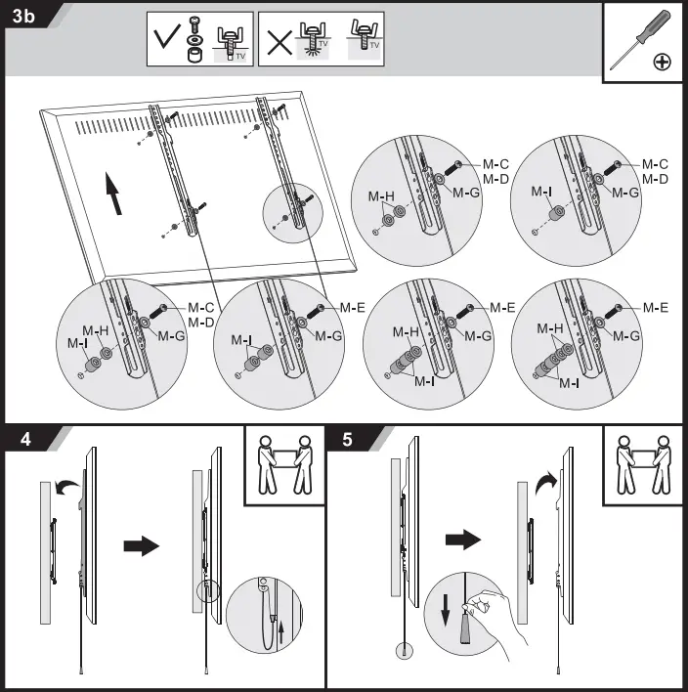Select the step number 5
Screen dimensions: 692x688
[x=348, y=440]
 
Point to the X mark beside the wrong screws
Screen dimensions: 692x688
[x=280, y=39]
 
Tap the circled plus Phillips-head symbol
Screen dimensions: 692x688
[x=663, y=62]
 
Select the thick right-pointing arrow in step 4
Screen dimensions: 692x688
[x=142, y=546]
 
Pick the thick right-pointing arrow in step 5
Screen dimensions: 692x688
[x=464, y=539]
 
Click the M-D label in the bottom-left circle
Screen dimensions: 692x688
[x=200, y=323]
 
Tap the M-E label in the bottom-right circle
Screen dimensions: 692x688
[x=656, y=307]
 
